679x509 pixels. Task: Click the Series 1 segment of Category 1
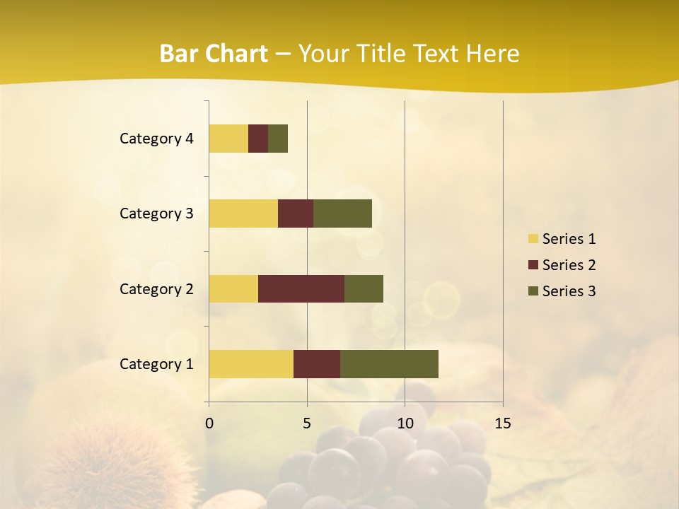click(251, 364)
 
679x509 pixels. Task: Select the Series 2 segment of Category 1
click(317, 364)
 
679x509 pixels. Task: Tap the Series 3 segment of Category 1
click(389, 364)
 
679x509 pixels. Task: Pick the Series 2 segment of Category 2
click(301, 288)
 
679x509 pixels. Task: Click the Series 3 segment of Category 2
click(364, 288)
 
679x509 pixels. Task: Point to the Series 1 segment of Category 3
click(243, 213)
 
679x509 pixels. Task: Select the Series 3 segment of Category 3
click(342, 213)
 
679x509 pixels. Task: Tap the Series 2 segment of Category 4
click(258, 139)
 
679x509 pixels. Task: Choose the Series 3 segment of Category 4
click(278, 139)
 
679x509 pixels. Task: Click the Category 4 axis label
click(156, 139)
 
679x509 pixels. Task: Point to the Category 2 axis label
click(156, 288)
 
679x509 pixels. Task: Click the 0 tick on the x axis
click(209, 423)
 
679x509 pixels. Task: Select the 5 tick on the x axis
click(307, 423)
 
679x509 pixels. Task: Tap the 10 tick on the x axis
click(405, 423)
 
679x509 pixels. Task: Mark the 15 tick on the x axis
click(502, 423)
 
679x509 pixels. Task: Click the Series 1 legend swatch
click(533, 239)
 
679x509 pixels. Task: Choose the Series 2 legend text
click(569, 265)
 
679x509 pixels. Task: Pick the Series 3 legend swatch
click(533, 291)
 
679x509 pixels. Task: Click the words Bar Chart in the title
click(214, 54)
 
